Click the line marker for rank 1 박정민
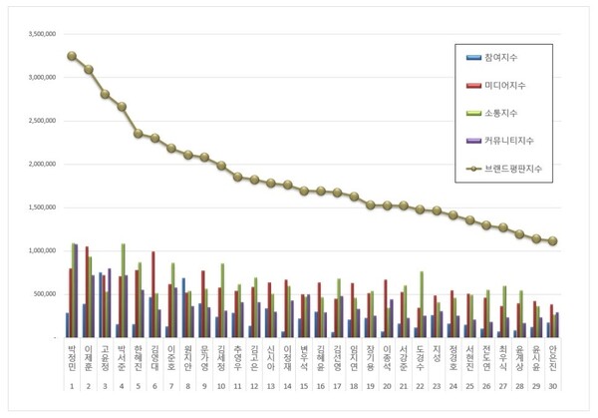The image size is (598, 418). coord(71,56)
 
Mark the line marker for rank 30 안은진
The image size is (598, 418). coord(552,241)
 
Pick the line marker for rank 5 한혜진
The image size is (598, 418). coord(137,133)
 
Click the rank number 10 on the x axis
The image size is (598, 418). coord(220,385)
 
